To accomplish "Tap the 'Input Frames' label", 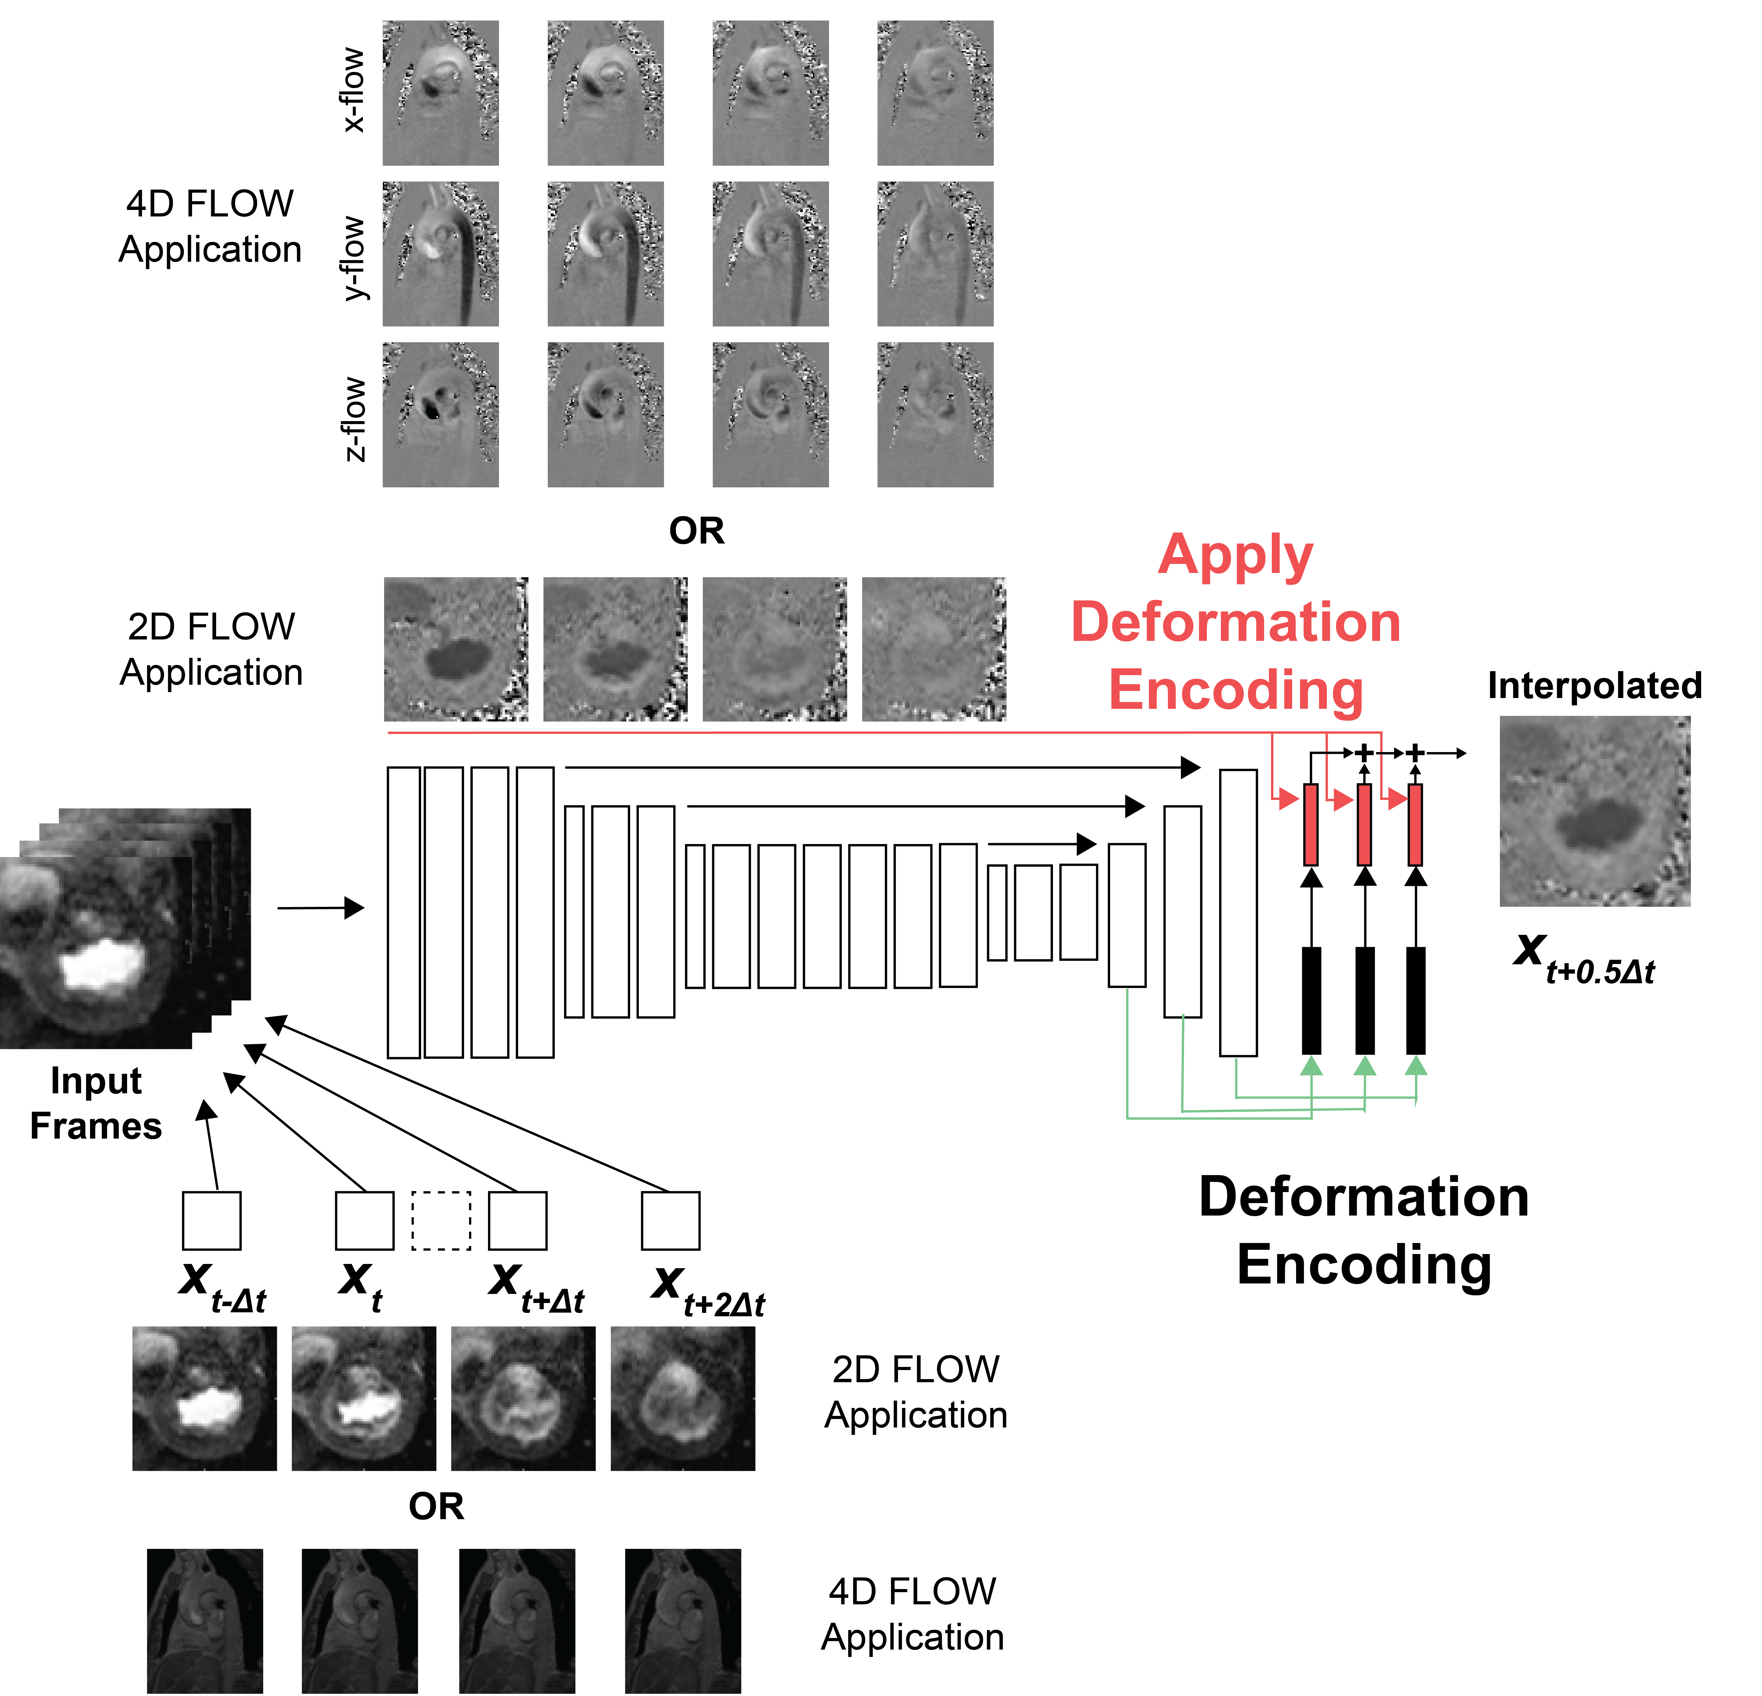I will tap(95, 1103).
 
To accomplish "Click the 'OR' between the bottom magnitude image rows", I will tap(436, 1506).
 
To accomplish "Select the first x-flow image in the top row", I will tap(440, 93).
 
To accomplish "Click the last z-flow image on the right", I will tap(935, 414).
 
